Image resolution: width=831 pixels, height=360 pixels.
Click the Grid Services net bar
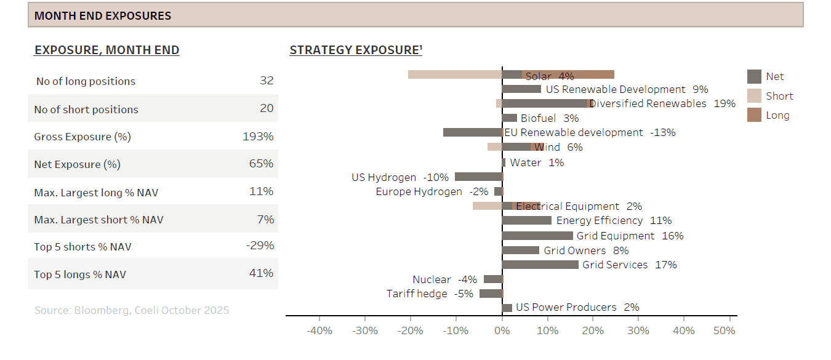(x=540, y=265)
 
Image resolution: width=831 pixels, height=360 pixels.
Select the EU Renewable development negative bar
(x=473, y=132)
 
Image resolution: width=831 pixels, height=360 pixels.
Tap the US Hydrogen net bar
(x=478, y=177)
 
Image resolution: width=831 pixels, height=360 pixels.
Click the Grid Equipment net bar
(x=537, y=236)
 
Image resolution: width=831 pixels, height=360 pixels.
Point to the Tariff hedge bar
(x=491, y=294)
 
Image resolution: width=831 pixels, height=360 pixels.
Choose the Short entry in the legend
(x=779, y=96)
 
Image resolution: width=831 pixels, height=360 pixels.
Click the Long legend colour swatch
(x=755, y=115)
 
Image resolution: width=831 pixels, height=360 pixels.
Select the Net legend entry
(x=775, y=76)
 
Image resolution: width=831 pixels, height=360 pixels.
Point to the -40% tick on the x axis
(x=319, y=330)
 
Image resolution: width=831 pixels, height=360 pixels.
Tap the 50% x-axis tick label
(x=724, y=330)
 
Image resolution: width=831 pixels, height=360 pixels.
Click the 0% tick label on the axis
(x=502, y=330)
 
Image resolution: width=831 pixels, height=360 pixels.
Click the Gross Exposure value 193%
(x=258, y=137)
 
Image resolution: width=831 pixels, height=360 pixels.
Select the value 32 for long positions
(x=267, y=81)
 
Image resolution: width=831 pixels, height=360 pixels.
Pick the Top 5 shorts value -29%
(x=260, y=246)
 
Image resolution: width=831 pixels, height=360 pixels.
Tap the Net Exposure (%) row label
(x=76, y=164)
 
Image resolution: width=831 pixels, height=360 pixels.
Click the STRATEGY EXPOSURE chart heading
(x=356, y=50)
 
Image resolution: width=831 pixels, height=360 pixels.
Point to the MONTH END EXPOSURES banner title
(x=103, y=15)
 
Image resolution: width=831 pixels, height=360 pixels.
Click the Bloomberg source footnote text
(x=132, y=310)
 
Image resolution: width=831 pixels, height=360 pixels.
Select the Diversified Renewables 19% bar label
(x=662, y=103)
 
